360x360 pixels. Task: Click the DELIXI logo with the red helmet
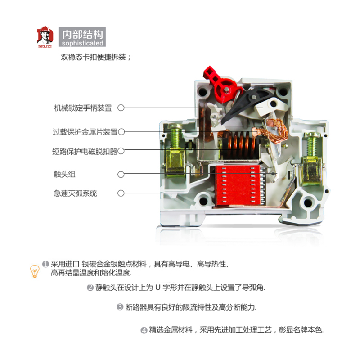[45, 37]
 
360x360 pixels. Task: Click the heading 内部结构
[82, 34]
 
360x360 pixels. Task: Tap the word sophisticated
[82, 43]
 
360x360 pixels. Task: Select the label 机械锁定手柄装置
[83, 108]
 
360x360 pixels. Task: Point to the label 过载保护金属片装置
[85, 132]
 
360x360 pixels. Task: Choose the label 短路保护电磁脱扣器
[85, 152]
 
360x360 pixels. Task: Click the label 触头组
[64, 174]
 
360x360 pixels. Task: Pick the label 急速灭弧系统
[75, 193]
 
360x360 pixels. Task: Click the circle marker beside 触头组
[121, 175]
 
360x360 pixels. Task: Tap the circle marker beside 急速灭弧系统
[121, 193]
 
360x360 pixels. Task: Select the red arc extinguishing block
[238, 185]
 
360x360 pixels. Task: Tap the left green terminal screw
[175, 137]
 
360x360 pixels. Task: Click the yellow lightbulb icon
[35, 271]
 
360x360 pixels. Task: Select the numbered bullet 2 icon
[90, 288]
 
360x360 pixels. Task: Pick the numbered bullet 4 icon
[144, 330]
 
